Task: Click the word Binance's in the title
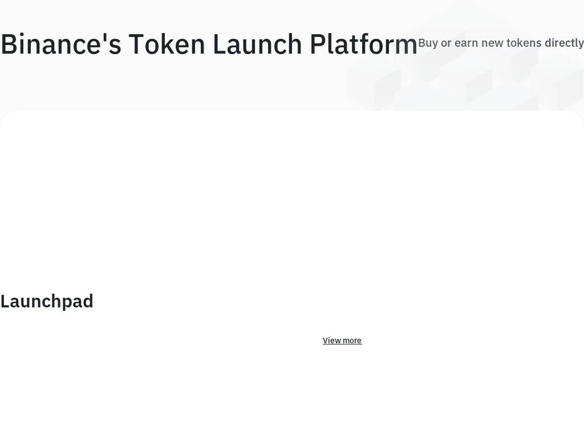click(61, 44)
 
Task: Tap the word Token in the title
click(167, 44)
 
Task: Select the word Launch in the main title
click(257, 44)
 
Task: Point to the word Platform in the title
click(363, 44)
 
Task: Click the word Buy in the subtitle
click(428, 43)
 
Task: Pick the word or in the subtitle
click(446, 43)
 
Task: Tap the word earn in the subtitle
click(467, 43)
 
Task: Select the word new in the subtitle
click(492, 43)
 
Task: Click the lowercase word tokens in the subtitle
click(524, 43)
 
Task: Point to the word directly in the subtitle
click(564, 43)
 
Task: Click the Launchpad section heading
click(47, 302)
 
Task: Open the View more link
click(342, 340)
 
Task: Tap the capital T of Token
click(137, 44)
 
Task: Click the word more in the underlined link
click(352, 341)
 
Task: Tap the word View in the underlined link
click(331, 340)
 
